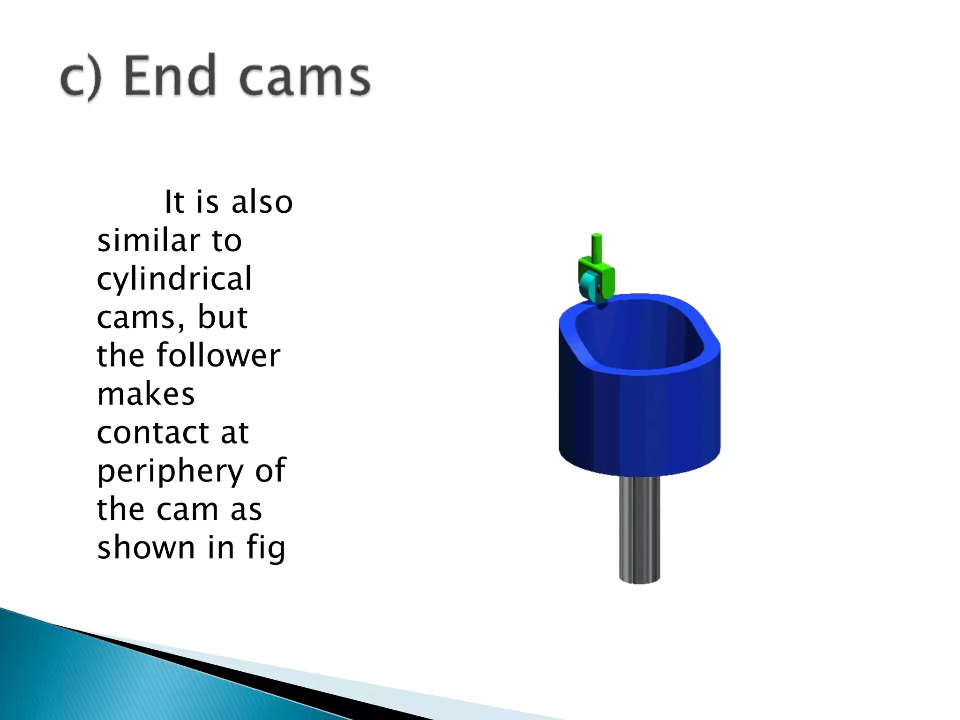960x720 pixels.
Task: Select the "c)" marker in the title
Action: tap(81, 77)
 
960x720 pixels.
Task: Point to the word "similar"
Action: tap(148, 240)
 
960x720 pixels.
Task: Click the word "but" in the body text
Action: tap(223, 317)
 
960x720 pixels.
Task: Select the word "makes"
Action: tap(146, 394)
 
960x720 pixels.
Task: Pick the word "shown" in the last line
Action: tap(146, 547)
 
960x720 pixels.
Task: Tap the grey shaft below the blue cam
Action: tap(639, 530)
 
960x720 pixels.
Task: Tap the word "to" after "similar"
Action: tap(227, 241)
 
